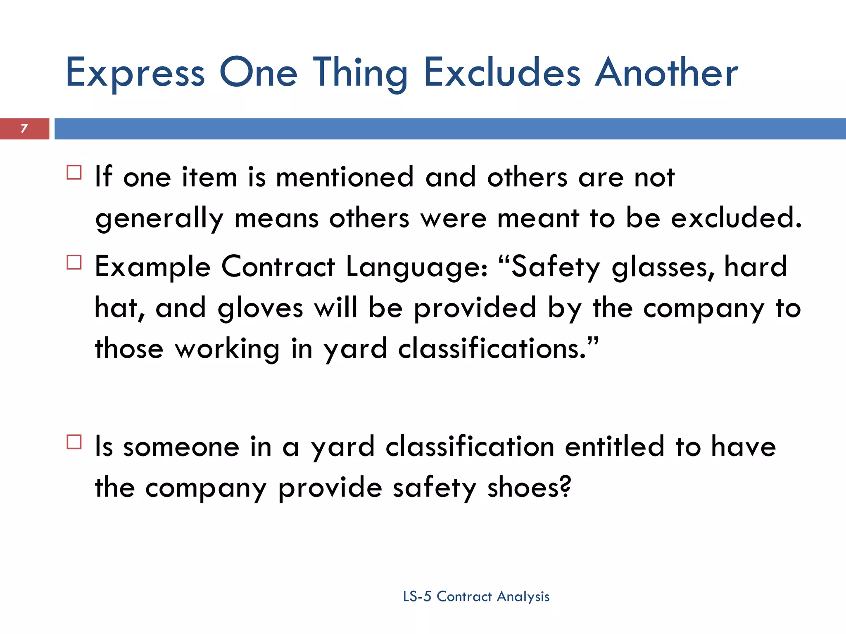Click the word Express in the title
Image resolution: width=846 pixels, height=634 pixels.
(x=135, y=73)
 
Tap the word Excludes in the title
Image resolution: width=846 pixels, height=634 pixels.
(x=502, y=73)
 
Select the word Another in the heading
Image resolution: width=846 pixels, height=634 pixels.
(x=666, y=73)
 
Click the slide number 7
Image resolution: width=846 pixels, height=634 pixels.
(x=24, y=128)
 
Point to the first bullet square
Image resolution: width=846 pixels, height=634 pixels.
(x=74, y=172)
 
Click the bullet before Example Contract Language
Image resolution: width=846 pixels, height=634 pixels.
(x=74, y=263)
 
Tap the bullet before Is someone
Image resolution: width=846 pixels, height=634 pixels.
(x=74, y=442)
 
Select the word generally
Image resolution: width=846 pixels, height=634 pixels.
(x=159, y=219)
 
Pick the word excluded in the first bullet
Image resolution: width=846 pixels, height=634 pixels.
(x=736, y=218)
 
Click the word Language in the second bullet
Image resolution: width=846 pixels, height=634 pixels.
(x=416, y=267)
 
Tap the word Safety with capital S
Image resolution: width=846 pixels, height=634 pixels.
(x=556, y=267)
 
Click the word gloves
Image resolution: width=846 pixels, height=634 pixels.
(x=260, y=309)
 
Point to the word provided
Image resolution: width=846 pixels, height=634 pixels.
(x=475, y=309)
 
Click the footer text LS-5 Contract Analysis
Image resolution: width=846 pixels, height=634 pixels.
(x=476, y=596)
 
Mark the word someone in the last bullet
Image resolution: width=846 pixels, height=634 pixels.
(x=181, y=447)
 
